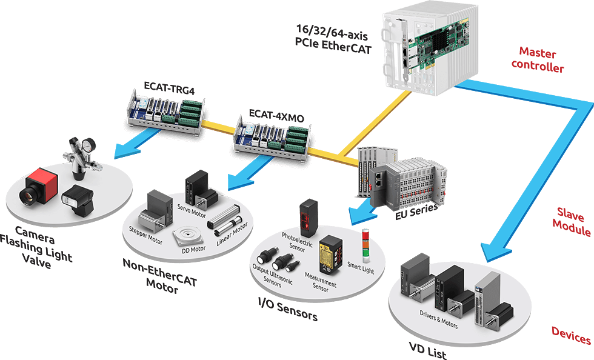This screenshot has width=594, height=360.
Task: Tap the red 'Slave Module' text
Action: (x=573, y=222)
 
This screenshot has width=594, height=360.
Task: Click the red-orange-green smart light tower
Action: (x=365, y=242)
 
